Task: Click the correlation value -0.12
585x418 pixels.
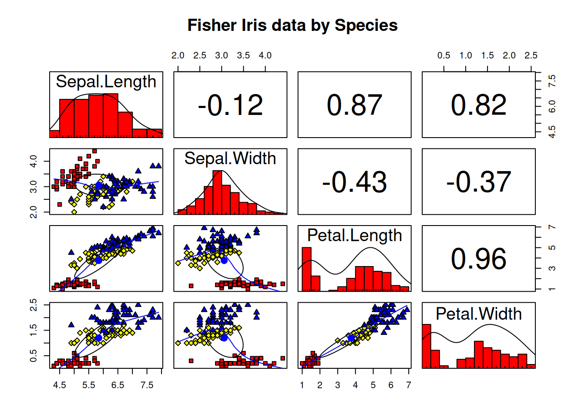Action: [x=230, y=105]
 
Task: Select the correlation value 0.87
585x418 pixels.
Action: [x=354, y=105]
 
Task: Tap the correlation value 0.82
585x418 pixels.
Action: [x=478, y=105]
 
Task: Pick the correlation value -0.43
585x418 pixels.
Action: [x=354, y=182]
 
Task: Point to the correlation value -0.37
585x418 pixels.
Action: [x=478, y=182]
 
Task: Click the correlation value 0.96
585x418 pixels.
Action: [x=478, y=259]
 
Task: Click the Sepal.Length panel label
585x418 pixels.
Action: [x=106, y=82]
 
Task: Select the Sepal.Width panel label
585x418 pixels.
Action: [x=230, y=158]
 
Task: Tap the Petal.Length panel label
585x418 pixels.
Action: [x=354, y=236]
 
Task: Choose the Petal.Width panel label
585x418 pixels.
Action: [x=478, y=314]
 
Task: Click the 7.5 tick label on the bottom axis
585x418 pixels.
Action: [x=147, y=385]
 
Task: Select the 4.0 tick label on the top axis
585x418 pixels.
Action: [x=265, y=56]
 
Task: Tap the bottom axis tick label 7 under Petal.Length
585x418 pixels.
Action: [x=408, y=385]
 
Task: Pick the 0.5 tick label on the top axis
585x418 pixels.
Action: [x=444, y=56]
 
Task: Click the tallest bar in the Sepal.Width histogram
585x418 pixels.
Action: [x=217, y=192]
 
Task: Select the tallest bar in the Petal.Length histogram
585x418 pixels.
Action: [x=306, y=269]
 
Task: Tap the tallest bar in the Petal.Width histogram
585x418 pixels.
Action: [x=427, y=346]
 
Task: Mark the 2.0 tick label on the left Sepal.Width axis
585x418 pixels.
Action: [x=34, y=212]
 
